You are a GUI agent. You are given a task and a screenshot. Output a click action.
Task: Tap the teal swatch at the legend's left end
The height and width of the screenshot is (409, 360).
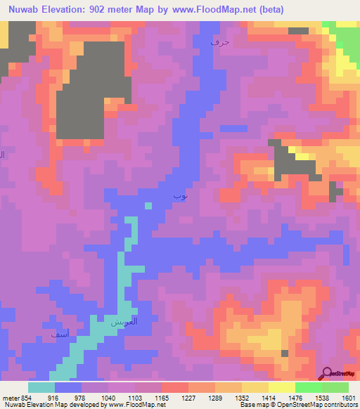click(41, 387)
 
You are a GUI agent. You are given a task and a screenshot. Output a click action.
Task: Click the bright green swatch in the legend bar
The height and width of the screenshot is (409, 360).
click(308, 387)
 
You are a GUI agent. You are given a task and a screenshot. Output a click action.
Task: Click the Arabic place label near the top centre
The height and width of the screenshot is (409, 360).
click(220, 43)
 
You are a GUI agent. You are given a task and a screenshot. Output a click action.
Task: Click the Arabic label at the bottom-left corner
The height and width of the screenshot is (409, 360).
click(60, 337)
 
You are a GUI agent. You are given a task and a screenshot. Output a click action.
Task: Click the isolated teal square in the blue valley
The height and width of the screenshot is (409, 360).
click(148, 205)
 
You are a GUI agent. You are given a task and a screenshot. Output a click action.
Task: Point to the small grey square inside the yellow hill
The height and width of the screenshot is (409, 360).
click(285, 353)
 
